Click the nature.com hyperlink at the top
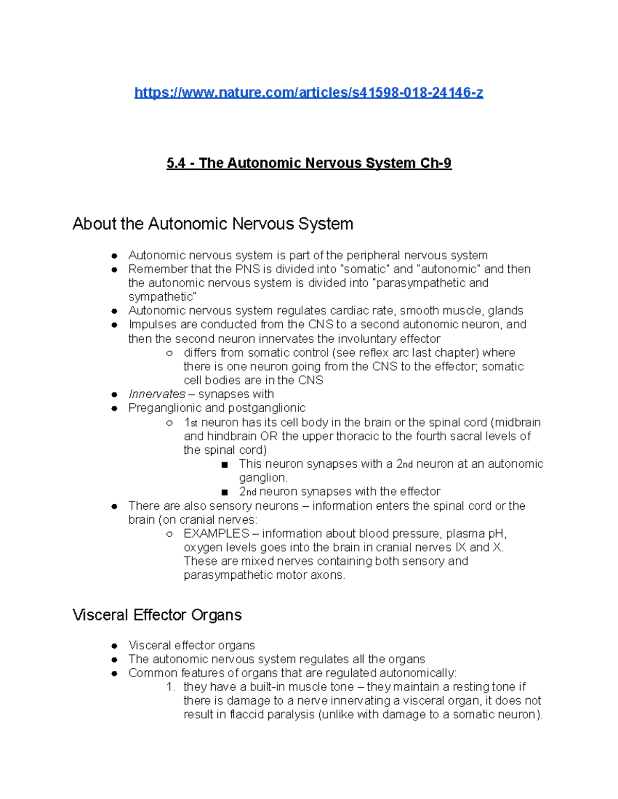click(308, 93)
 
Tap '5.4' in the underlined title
click(176, 163)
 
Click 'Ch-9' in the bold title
click(436, 163)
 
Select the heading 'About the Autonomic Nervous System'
click(213, 224)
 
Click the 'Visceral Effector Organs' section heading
click(157, 615)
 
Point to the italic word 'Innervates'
click(157, 394)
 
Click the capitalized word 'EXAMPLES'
click(216, 534)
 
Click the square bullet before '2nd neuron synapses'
click(224, 492)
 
